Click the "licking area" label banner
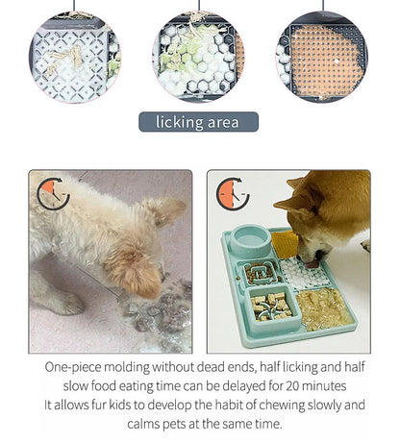(x=199, y=122)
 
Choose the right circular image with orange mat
(x=322, y=56)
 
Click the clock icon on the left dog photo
(x=53, y=193)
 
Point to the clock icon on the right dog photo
(x=233, y=193)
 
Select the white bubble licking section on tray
(x=309, y=273)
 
